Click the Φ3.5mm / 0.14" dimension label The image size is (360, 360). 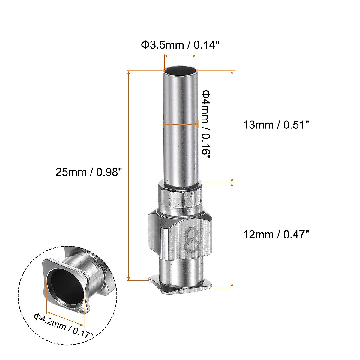pyautogui.click(x=180, y=45)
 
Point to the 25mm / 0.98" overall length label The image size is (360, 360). pyautogui.click(x=89, y=172)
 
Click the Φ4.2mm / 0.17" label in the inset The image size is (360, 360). pyautogui.click(x=63, y=325)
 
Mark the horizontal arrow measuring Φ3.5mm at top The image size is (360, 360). pyautogui.click(x=180, y=56)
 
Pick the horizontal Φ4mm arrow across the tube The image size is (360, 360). pyautogui.click(x=180, y=123)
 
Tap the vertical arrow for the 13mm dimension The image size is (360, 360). pyautogui.click(x=232, y=126)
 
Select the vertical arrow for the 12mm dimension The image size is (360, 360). pyautogui.click(x=232, y=235)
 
